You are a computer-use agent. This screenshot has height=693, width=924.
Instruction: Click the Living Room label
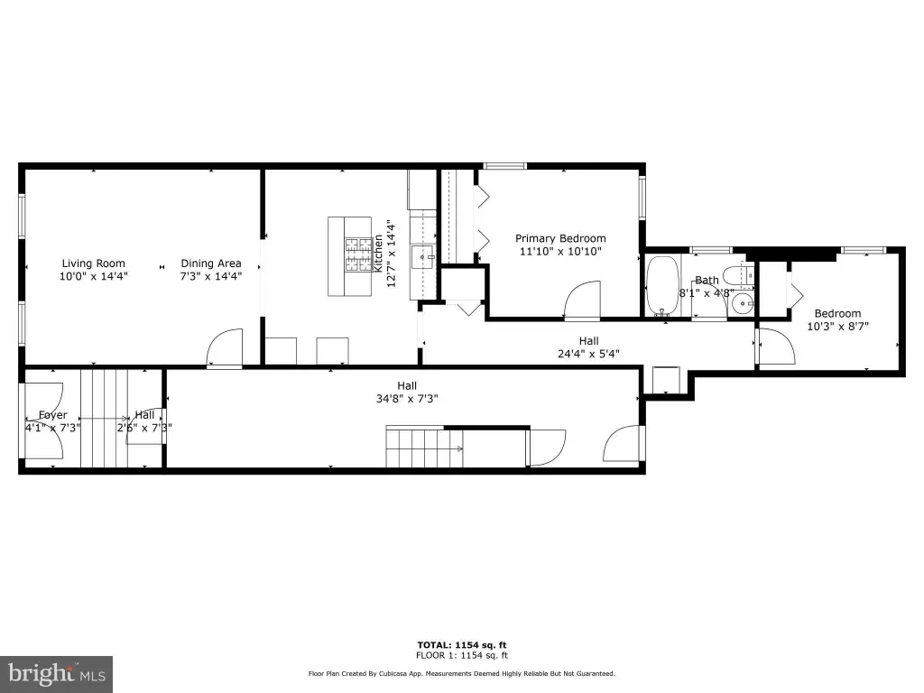(94, 263)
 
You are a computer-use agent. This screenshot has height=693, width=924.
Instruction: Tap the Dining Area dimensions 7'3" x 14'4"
(211, 276)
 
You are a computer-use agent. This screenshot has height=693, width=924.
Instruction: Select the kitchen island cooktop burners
(359, 254)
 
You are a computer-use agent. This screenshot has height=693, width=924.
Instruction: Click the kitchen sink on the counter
(423, 257)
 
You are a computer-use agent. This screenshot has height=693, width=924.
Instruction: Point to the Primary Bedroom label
(560, 238)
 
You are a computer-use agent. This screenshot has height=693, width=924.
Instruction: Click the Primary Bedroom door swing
(582, 300)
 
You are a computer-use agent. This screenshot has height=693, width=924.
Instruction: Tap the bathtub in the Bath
(662, 285)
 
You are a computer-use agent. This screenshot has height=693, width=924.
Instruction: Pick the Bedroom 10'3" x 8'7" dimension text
(838, 326)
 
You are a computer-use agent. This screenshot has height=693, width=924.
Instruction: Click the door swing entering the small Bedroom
(776, 347)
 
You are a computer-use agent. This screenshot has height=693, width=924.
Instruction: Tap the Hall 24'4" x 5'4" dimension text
(588, 354)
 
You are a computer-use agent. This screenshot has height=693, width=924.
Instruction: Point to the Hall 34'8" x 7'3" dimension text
(407, 398)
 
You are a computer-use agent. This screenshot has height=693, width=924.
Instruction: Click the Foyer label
(53, 415)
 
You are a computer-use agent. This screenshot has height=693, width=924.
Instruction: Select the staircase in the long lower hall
(424, 447)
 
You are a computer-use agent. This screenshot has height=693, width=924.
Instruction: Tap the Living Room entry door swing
(225, 348)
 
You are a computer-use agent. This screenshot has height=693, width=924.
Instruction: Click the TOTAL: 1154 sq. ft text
(462, 645)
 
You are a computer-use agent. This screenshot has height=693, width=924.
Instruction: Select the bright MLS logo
(57, 674)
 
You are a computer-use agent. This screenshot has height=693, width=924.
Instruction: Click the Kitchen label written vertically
(379, 254)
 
